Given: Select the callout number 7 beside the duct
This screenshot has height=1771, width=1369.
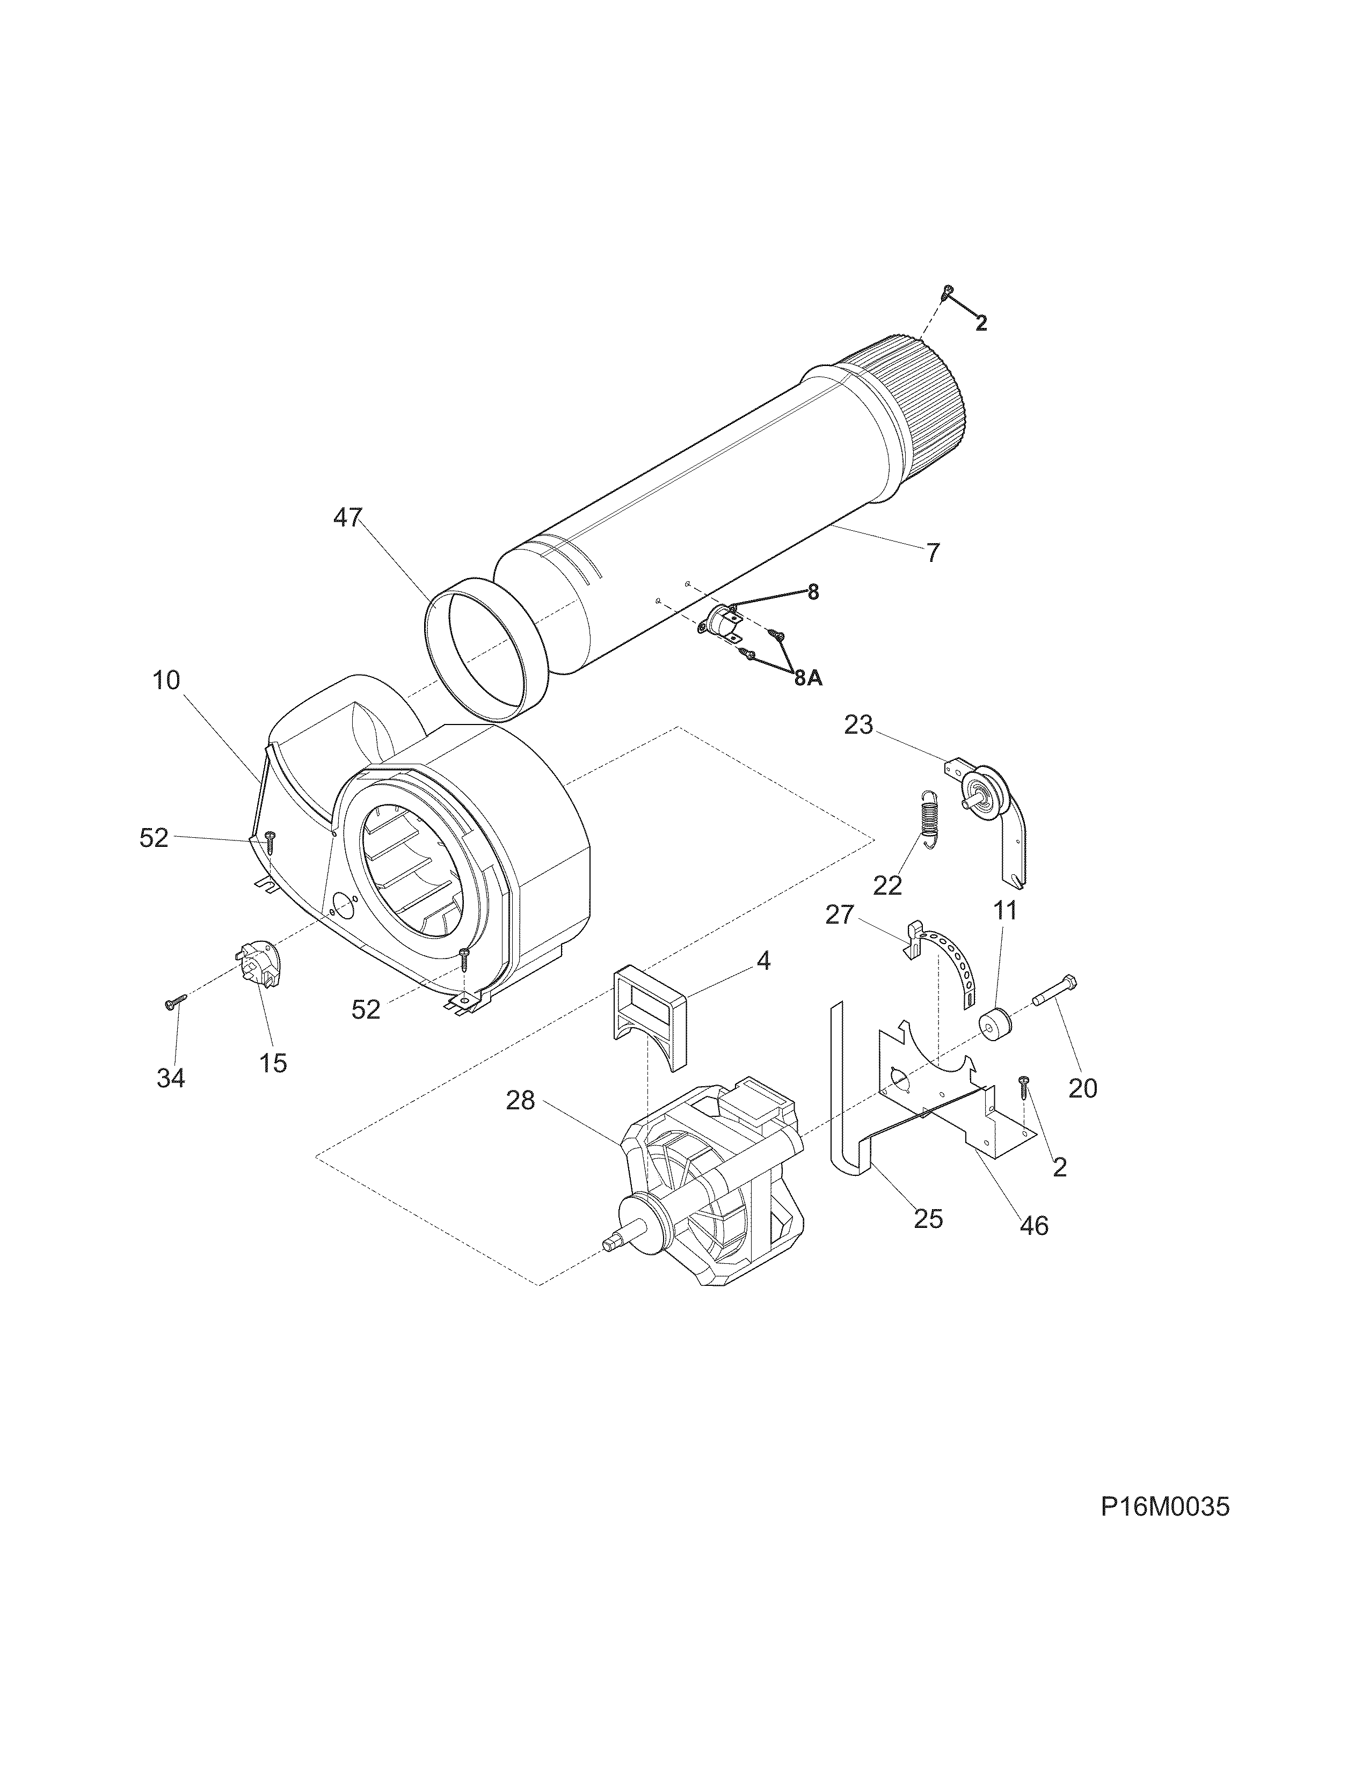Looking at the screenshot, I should click(x=933, y=553).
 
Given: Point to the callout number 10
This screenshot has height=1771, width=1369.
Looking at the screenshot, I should click(x=166, y=680).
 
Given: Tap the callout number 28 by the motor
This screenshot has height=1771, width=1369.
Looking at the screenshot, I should click(x=521, y=1100).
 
